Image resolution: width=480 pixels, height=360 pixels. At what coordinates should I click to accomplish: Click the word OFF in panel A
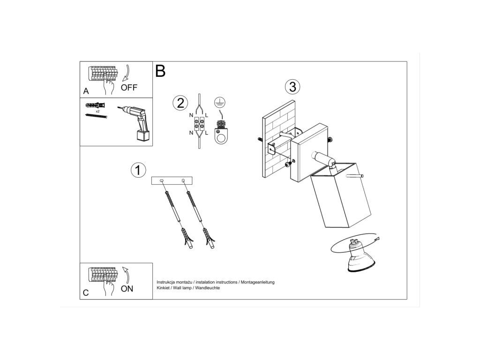tap(129, 88)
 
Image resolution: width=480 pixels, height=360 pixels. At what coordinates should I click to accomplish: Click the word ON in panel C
tap(127, 289)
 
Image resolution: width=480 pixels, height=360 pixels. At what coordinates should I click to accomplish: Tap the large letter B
tap(160, 71)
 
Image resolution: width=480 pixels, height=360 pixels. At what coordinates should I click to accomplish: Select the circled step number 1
tap(138, 170)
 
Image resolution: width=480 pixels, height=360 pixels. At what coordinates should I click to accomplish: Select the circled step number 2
tap(180, 103)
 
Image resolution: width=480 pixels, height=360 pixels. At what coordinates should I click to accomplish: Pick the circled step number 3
tap(292, 87)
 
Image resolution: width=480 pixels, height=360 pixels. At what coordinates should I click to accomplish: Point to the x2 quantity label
tap(97, 111)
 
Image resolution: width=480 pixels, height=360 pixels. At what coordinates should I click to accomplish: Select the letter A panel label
tap(86, 91)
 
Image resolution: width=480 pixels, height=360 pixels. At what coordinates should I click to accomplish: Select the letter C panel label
tap(86, 293)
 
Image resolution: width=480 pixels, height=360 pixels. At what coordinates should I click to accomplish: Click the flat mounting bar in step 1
tap(172, 180)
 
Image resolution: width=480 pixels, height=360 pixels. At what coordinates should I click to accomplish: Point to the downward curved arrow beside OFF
tap(126, 73)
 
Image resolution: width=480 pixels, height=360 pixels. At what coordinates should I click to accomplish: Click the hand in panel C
tap(108, 286)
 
